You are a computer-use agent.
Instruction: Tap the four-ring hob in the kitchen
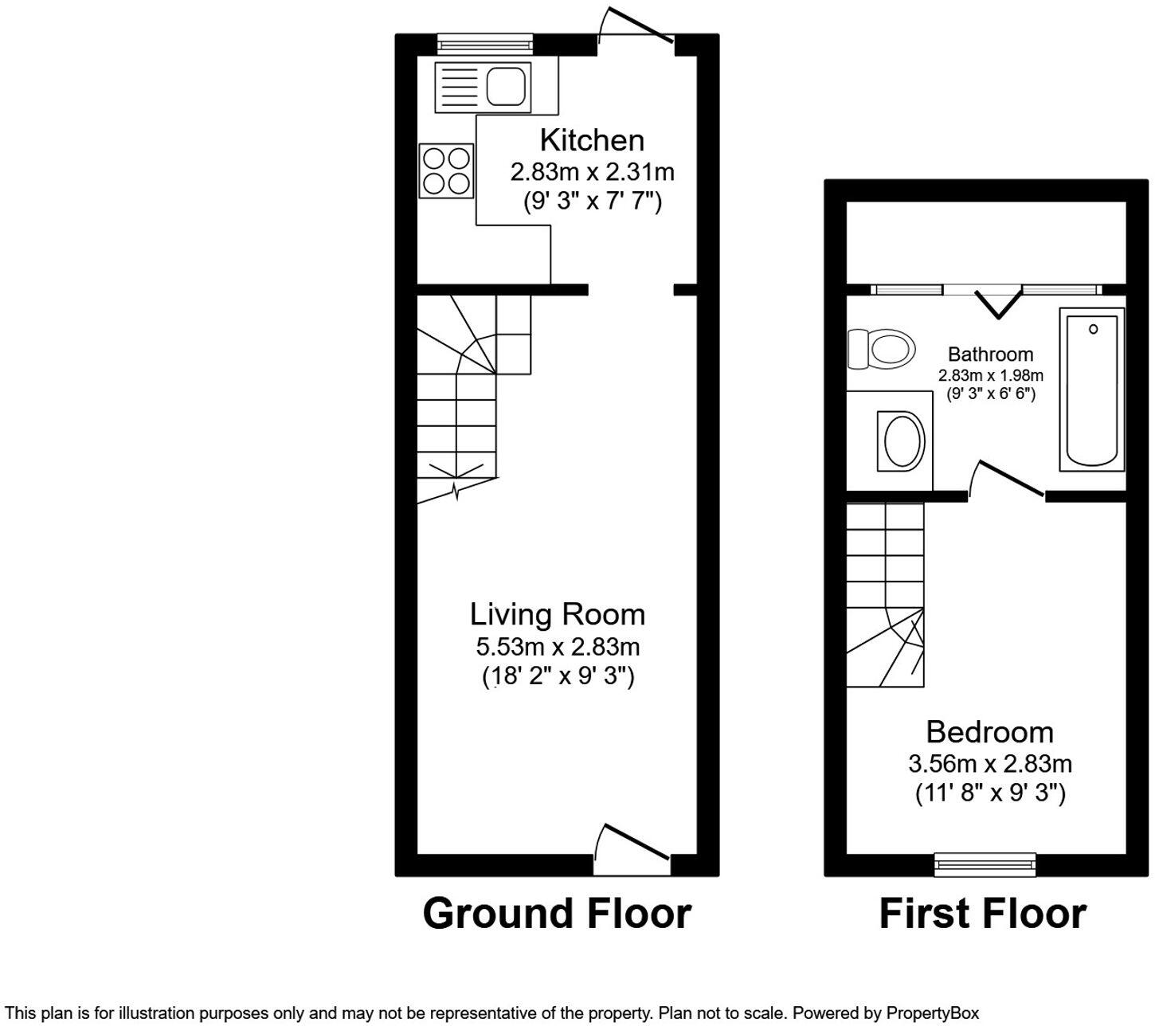click(x=446, y=170)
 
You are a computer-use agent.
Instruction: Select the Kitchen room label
click(x=592, y=140)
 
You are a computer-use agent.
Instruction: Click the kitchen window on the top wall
click(x=484, y=44)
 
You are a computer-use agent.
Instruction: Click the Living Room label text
click(x=558, y=615)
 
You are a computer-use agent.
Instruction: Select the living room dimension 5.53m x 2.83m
click(x=558, y=646)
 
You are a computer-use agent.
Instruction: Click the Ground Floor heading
click(x=557, y=913)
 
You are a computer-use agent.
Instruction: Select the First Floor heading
click(x=982, y=913)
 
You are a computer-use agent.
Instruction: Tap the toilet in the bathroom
click(x=880, y=349)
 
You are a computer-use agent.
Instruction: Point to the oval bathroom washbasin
click(x=903, y=440)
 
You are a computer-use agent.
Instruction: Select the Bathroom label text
click(x=990, y=354)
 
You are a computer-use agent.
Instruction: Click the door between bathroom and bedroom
click(x=1005, y=480)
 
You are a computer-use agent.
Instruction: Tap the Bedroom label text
click(x=989, y=732)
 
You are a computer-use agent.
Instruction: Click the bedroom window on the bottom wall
click(x=985, y=863)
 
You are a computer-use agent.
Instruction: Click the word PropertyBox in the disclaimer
click(x=933, y=1013)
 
